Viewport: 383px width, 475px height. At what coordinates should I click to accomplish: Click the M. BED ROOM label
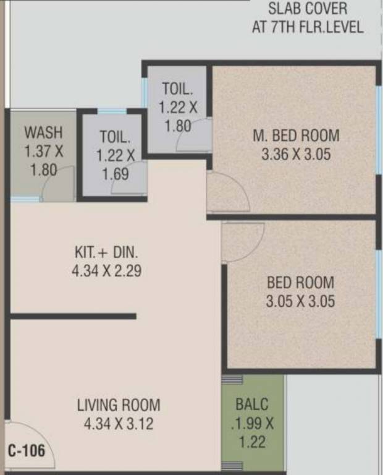[296, 135]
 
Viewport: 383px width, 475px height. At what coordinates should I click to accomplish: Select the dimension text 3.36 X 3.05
[296, 154]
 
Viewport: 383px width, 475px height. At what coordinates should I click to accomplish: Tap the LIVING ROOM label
[119, 406]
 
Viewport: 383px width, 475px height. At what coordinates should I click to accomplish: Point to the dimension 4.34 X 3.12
[119, 424]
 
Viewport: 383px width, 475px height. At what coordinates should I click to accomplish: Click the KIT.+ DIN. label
[107, 252]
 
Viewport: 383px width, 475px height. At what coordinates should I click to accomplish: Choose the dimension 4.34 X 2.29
[107, 271]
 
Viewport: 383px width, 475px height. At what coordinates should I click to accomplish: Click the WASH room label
[43, 132]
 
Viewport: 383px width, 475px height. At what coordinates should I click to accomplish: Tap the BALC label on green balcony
[252, 405]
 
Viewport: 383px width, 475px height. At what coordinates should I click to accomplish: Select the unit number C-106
[27, 451]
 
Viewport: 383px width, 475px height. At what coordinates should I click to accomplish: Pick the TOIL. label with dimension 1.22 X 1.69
[116, 136]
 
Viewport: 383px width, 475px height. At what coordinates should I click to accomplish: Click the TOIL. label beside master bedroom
[179, 88]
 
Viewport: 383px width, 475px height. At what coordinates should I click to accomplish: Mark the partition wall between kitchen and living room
[73, 317]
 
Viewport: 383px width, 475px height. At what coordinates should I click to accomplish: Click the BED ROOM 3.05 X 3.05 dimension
[300, 302]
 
